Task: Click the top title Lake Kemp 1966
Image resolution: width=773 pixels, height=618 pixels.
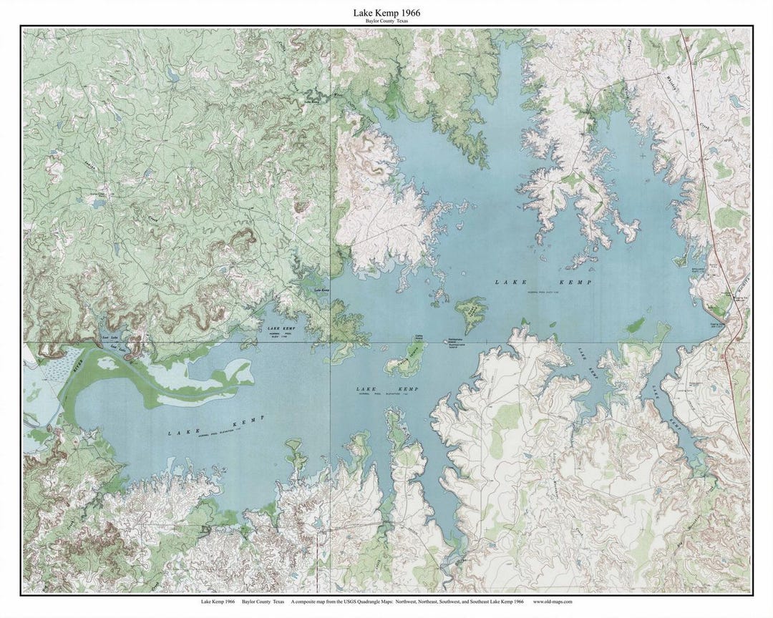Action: point(386,13)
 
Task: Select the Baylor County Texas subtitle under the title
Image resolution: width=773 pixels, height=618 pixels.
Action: point(386,21)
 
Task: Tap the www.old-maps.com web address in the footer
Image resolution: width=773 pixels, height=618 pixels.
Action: point(553,602)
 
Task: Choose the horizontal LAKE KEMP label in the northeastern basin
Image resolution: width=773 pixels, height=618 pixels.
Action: point(544,283)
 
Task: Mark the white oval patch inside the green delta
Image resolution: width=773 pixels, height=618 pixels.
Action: point(108,363)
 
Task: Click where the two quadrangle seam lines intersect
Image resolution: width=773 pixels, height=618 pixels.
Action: point(330,342)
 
